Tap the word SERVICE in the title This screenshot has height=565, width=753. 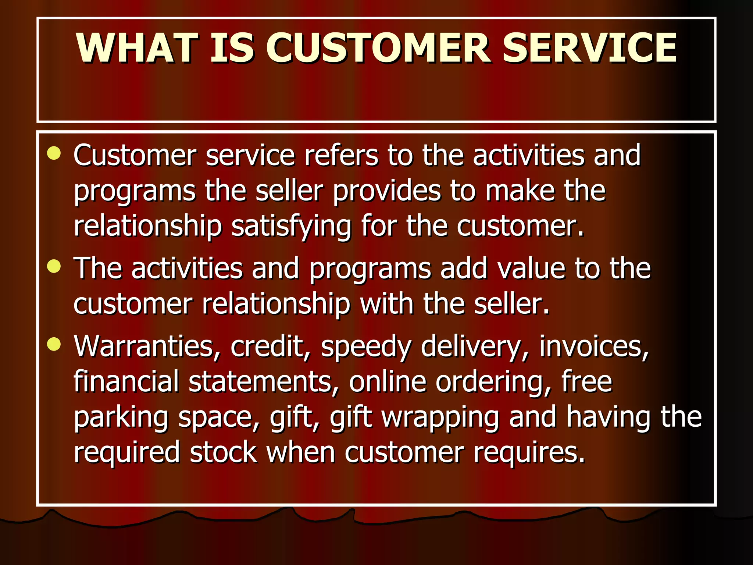(589, 48)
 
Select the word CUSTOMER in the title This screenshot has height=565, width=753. (379, 48)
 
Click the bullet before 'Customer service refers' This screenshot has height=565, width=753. (54, 153)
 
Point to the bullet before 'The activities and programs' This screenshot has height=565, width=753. (54, 266)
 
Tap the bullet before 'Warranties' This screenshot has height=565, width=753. (54, 344)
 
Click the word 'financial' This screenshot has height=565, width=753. (126, 381)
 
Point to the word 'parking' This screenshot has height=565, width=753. (121, 417)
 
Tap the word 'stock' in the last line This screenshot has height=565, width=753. (223, 452)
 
